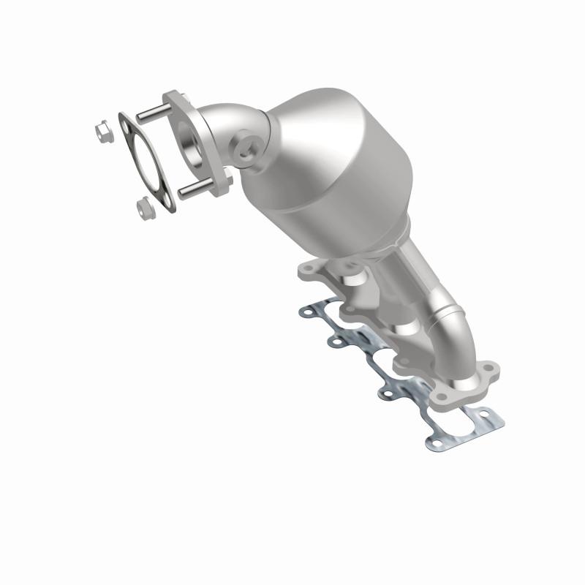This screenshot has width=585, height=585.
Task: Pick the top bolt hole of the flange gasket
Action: coord(127,127)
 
